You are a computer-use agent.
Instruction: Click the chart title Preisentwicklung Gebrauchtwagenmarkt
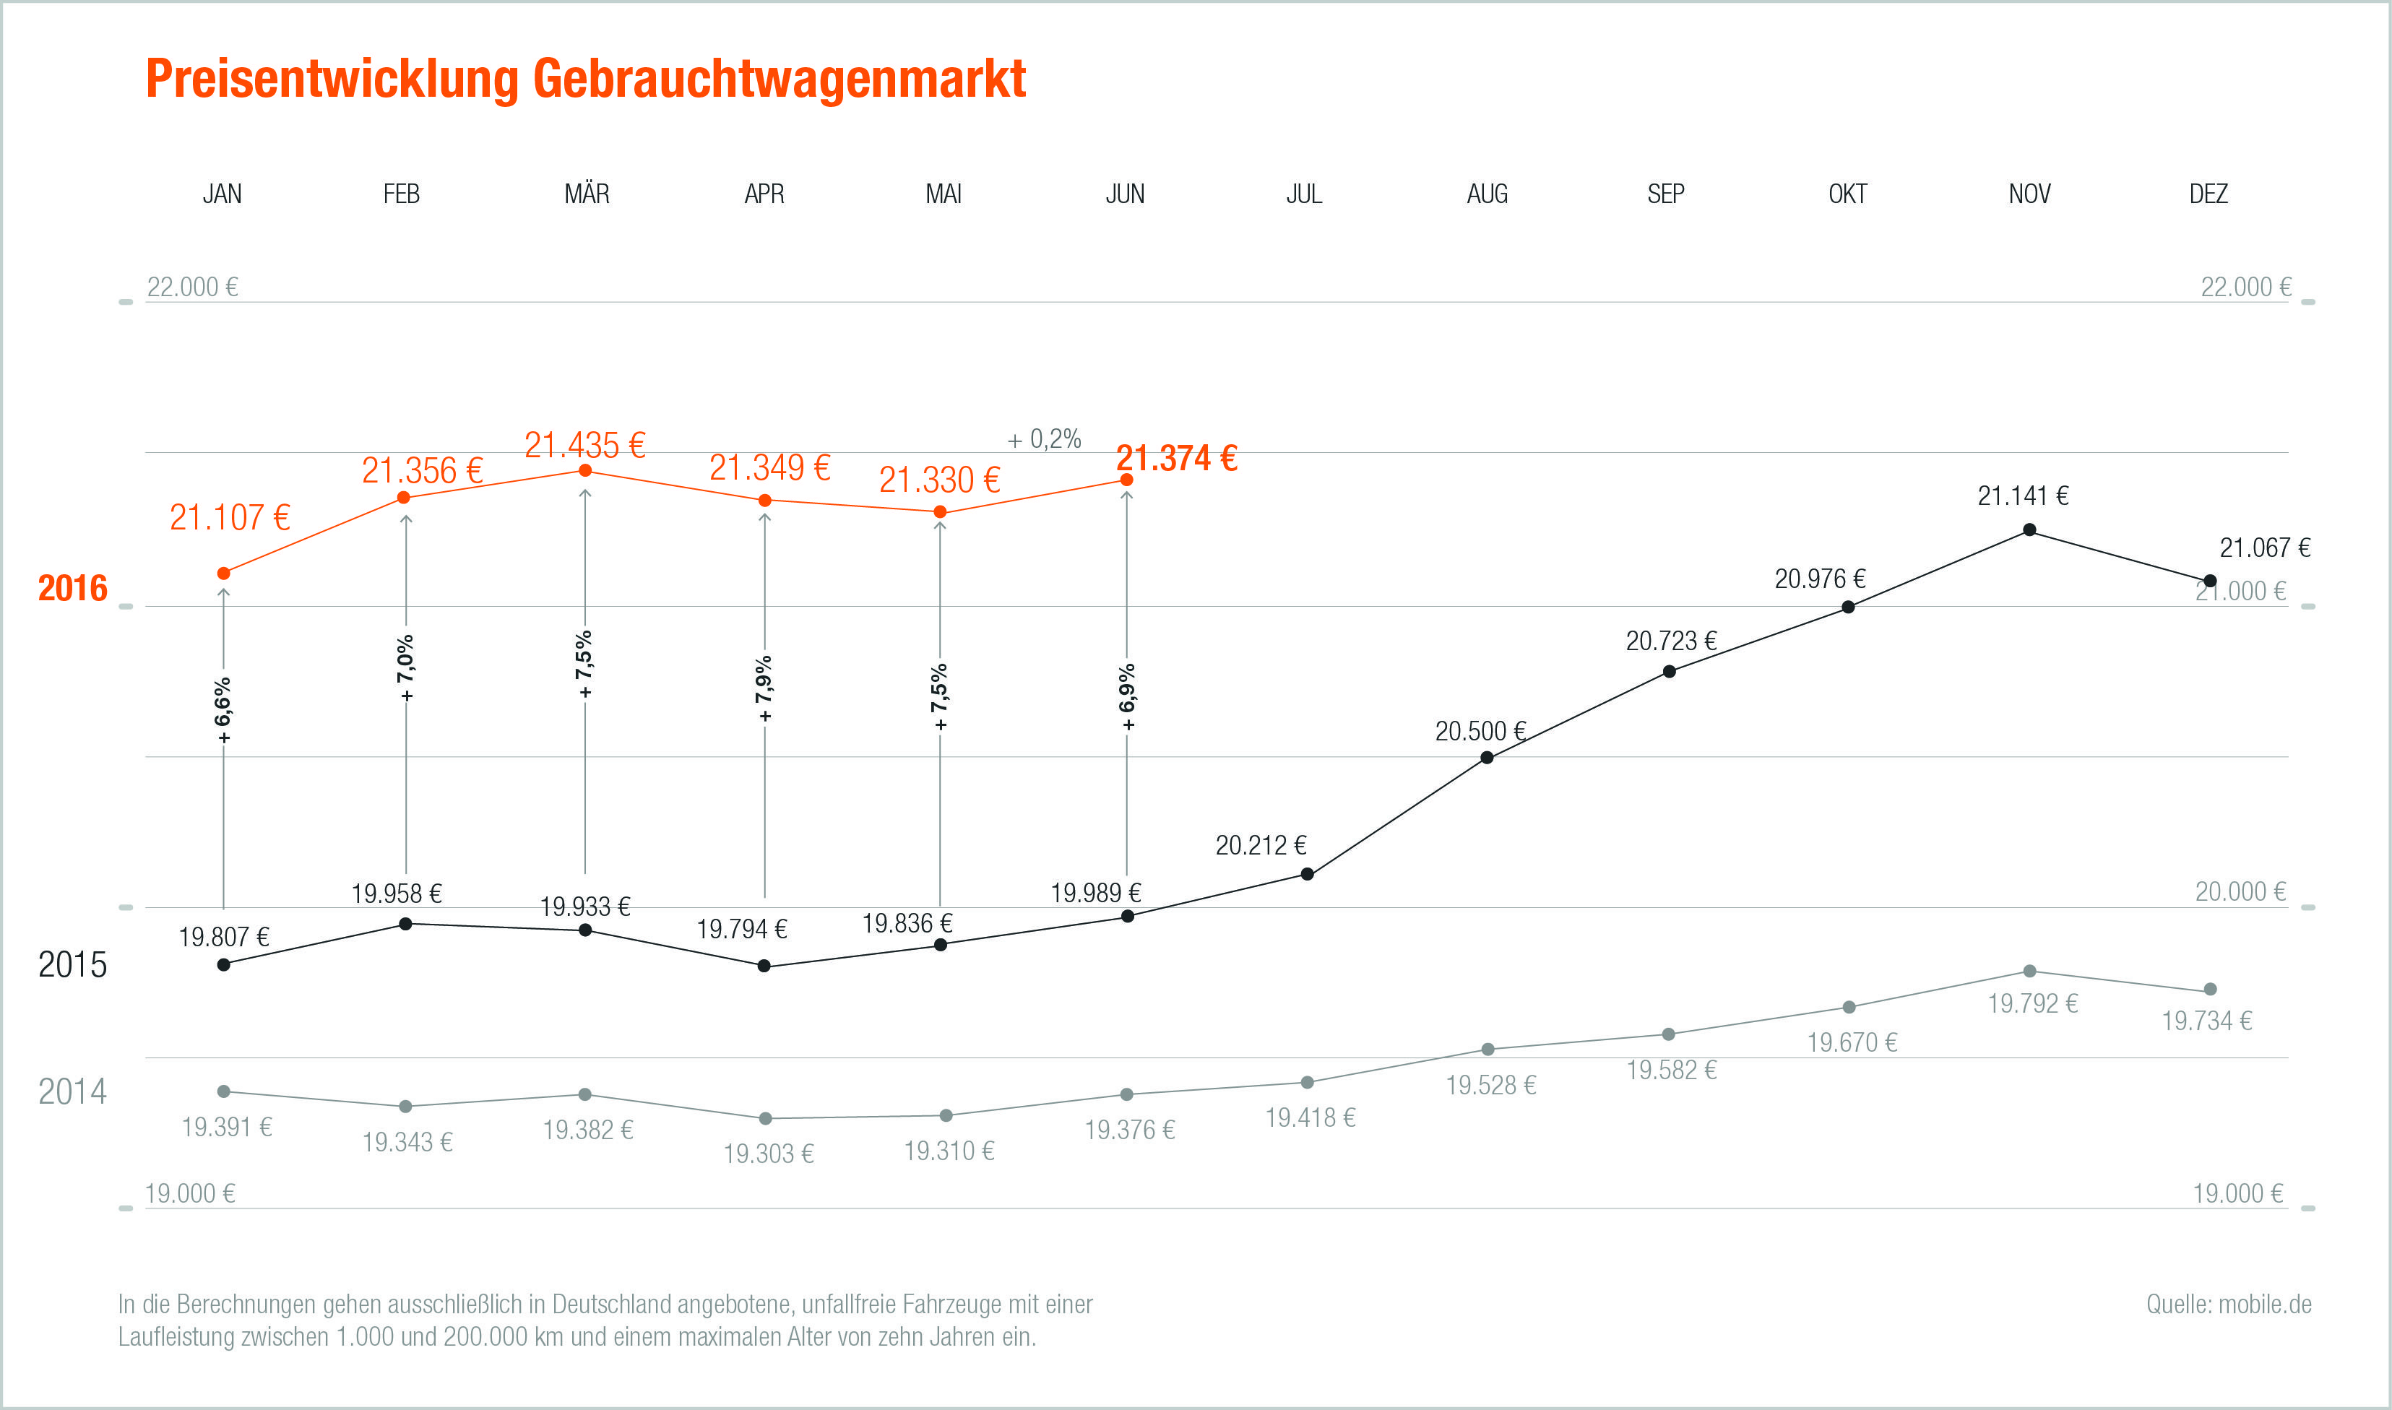[585, 79]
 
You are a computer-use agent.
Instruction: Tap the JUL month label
[1303, 194]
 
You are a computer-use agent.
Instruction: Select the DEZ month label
[2208, 194]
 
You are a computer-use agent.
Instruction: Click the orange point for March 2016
[585, 471]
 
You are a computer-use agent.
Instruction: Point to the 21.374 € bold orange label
[1176, 459]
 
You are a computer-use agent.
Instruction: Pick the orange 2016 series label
[72, 588]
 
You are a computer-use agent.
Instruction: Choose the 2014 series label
[72, 1091]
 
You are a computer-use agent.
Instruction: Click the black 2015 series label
[72, 964]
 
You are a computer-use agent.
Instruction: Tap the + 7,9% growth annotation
[764, 689]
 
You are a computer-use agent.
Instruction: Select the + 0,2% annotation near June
[1044, 439]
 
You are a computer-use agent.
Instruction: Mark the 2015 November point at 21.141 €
[2029, 530]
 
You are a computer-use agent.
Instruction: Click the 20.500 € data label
[1480, 732]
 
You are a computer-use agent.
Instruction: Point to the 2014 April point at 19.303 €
[765, 1118]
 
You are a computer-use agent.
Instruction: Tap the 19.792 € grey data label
[2032, 1003]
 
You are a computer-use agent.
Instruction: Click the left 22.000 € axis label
[192, 287]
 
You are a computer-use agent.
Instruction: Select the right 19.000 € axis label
[2237, 1193]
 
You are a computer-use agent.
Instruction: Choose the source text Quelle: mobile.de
[2229, 1305]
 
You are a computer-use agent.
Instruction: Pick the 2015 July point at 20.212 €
[1307, 874]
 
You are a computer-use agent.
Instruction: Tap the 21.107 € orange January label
[230, 518]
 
